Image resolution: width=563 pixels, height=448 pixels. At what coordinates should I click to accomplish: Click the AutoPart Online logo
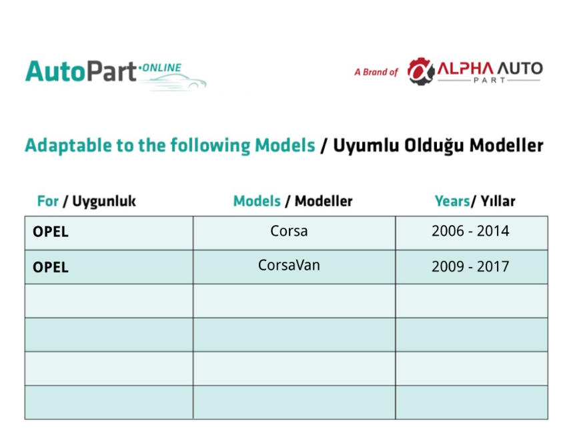click(115, 74)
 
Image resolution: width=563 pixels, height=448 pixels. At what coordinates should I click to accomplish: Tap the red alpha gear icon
click(420, 71)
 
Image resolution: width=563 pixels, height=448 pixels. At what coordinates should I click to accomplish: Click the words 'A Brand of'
click(376, 72)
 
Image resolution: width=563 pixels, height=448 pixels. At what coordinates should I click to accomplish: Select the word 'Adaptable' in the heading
click(68, 146)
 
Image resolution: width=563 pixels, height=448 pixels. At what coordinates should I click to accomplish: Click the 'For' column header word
click(48, 201)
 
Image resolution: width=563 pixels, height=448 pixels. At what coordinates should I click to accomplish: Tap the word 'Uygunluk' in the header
click(104, 202)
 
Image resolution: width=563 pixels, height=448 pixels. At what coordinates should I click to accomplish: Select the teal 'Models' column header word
click(257, 201)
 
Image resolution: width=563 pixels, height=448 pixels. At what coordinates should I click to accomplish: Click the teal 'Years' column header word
click(452, 201)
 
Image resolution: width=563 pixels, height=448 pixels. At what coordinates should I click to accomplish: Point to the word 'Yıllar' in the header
click(498, 201)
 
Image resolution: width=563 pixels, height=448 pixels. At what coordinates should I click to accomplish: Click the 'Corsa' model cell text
click(289, 231)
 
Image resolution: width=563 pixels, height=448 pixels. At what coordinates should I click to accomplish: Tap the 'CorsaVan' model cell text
click(289, 266)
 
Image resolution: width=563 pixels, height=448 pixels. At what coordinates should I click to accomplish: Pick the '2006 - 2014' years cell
click(470, 231)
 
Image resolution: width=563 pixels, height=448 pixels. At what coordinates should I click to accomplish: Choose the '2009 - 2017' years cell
click(470, 266)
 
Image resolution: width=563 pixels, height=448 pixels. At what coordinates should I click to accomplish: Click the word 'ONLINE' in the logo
click(162, 67)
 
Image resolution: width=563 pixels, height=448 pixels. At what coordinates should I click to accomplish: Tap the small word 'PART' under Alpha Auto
click(490, 80)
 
